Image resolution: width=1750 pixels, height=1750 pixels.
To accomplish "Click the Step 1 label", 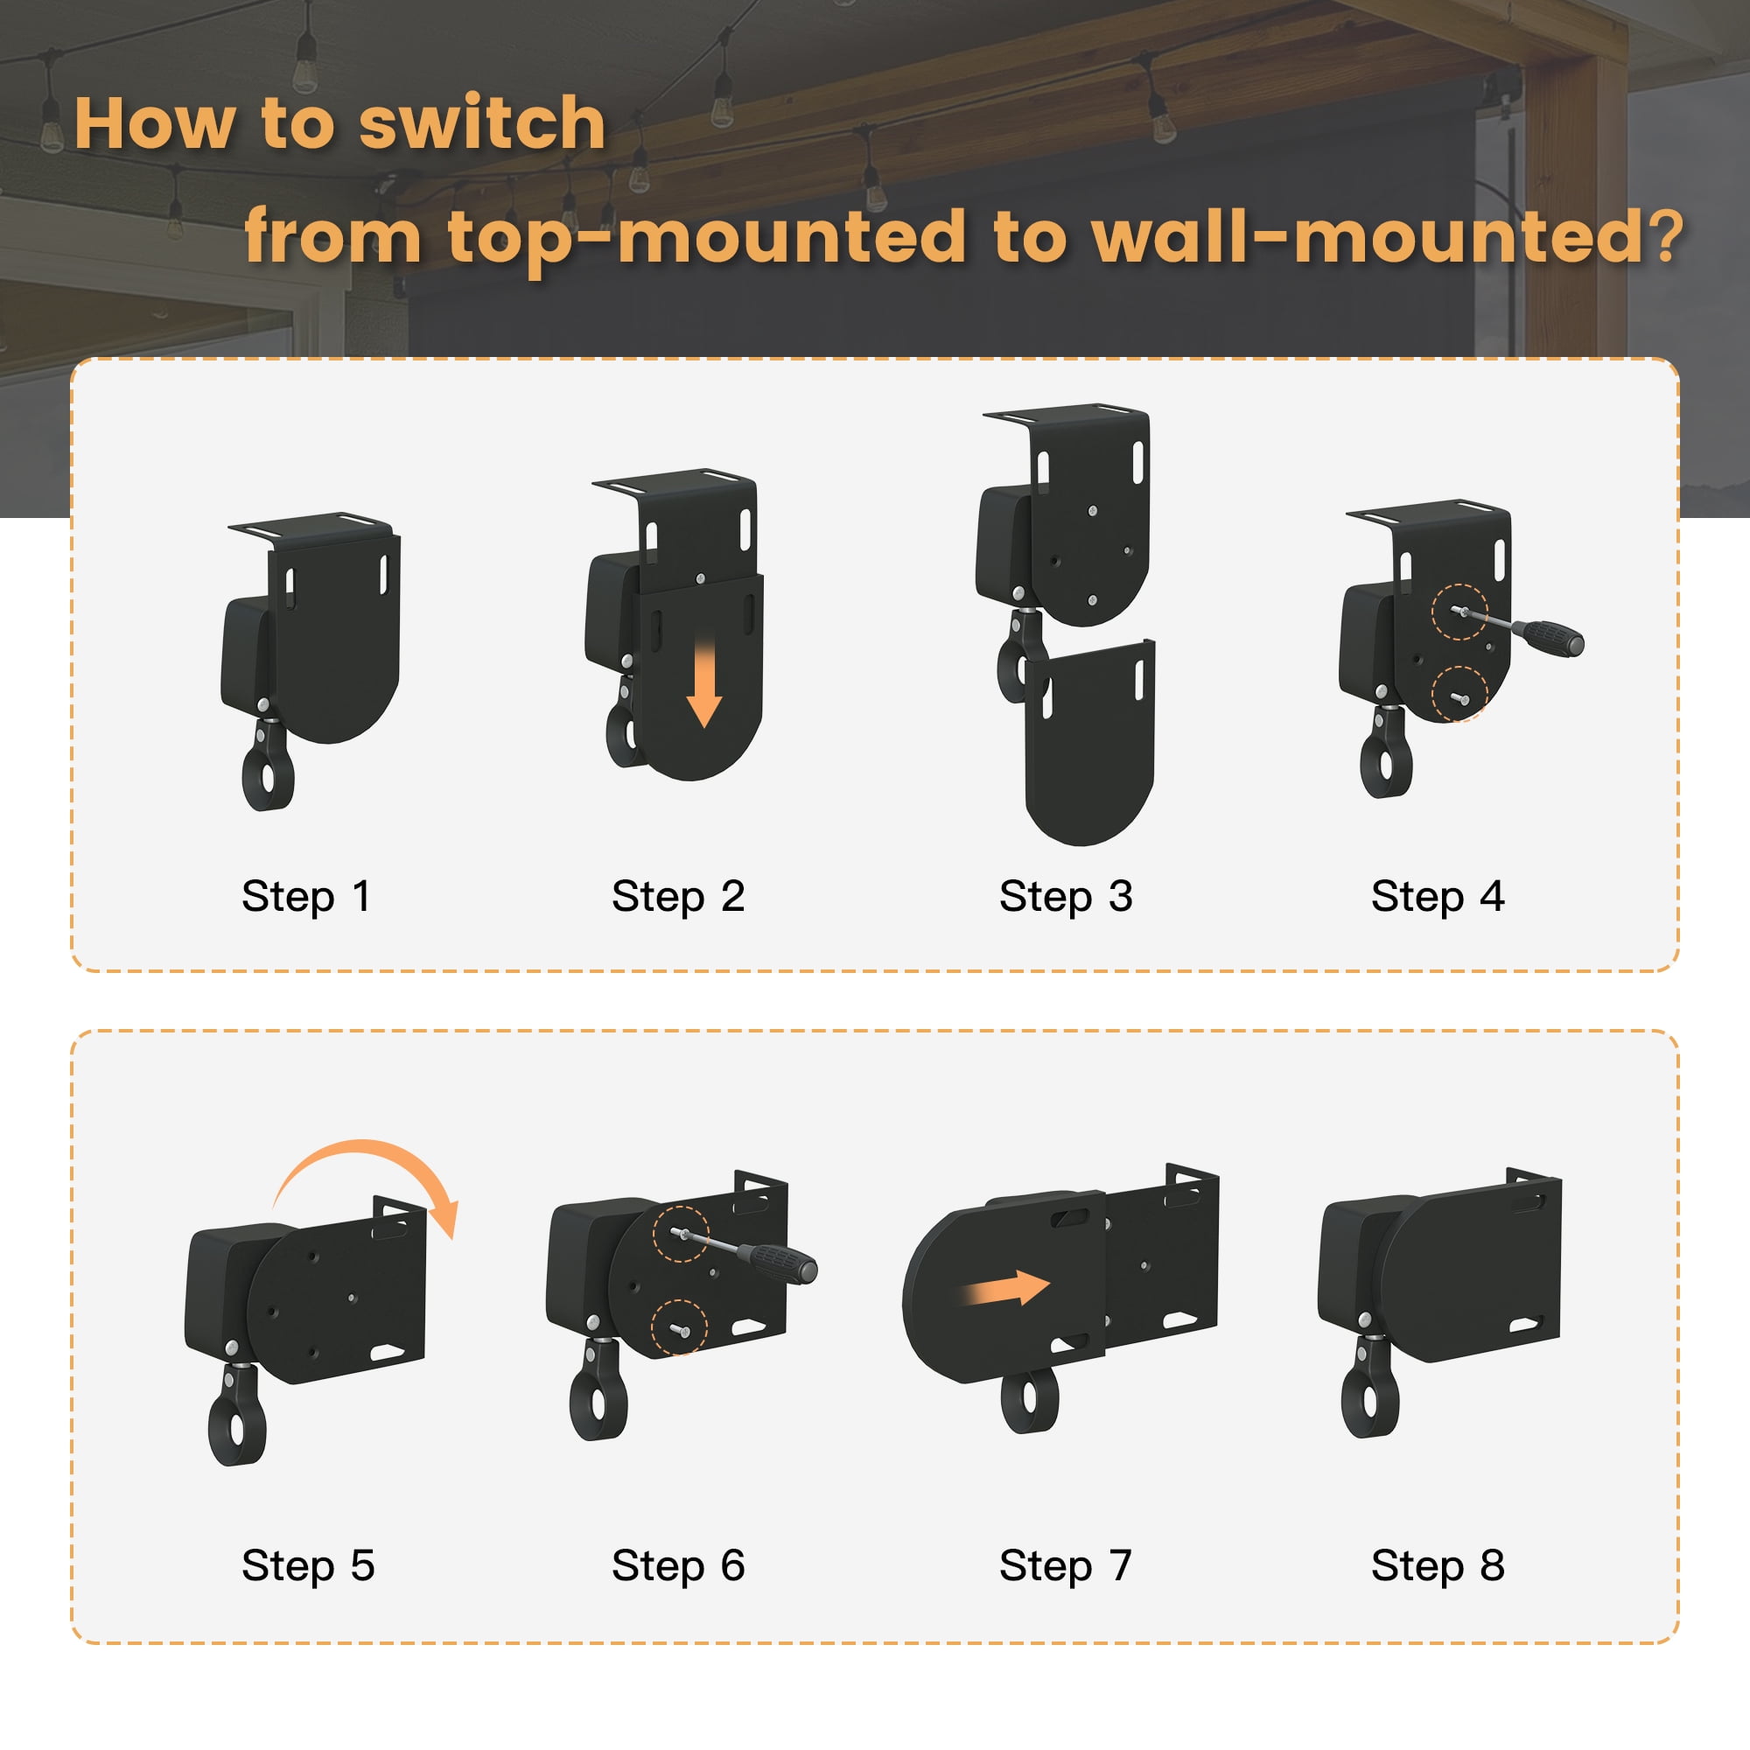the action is (x=306, y=897).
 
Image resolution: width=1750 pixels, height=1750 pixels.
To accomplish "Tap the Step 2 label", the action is (x=678, y=897).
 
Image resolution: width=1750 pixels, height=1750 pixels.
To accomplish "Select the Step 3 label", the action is (x=1066, y=897).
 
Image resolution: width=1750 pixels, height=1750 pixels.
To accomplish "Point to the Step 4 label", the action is (x=1438, y=897).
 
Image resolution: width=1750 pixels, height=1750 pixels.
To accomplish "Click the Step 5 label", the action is (x=308, y=1566).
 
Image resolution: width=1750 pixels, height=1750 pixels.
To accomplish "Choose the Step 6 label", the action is (x=678, y=1566).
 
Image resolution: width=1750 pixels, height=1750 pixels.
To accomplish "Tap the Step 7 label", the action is (x=1066, y=1566).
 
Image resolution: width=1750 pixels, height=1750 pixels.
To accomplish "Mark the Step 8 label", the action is (x=1438, y=1566).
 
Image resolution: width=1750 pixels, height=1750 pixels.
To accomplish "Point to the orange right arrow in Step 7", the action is (x=1005, y=1287).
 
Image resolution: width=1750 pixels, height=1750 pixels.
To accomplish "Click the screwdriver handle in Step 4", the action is (x=1550, y=637).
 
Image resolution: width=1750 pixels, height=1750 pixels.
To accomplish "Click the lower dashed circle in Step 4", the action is (x=1459, y=693).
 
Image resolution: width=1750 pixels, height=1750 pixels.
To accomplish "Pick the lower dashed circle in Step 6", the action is (x=679, y=1327).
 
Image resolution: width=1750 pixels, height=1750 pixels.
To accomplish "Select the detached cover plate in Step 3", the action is (x=1089, y=743).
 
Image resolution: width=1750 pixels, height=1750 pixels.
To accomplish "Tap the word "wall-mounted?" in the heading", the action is (x=1388, y=235).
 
